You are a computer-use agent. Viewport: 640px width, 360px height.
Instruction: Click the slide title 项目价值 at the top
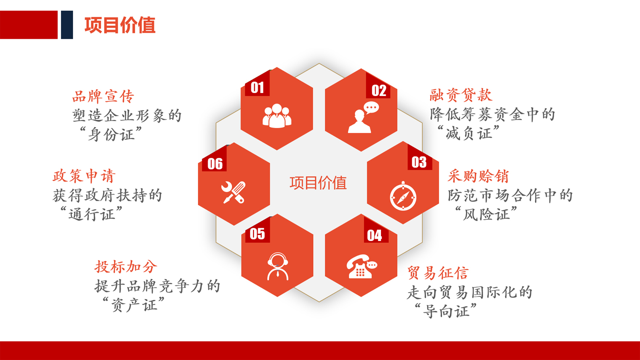tap(120, 25)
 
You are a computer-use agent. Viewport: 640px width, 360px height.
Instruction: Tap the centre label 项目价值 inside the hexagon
tap(318, 183)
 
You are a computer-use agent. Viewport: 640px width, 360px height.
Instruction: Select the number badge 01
tap(257, 87)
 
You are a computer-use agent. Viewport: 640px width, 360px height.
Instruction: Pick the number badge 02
tap(378, 90)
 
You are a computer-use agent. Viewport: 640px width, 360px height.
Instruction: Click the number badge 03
tap(419, 162)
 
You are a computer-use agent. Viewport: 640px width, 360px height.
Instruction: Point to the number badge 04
tap(375, 235)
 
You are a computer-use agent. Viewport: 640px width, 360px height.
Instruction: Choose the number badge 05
tap(257, 234)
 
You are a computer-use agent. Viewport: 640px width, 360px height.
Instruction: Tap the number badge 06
tap(215, 164)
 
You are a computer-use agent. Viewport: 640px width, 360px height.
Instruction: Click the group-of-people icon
tap(277, 116)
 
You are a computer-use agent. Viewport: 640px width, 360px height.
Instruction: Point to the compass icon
tap(403, 196)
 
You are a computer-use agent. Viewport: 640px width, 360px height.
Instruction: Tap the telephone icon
tap(361, 266)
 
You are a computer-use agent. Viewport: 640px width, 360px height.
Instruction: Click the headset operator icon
tap(277, 266)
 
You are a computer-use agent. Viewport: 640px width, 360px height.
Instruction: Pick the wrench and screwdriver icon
tap(233, 192)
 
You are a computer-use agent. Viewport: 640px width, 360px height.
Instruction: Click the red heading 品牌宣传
tap(103, 96)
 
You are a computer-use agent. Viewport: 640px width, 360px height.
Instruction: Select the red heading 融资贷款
tap(461, 95)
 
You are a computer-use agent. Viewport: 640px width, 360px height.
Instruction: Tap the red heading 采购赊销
tap(478, 176)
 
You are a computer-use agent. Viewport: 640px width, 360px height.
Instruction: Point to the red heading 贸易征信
tap(438, 273)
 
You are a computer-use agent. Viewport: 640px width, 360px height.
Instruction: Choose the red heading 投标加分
tap(126, 267)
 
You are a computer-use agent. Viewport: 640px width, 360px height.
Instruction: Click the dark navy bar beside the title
tap(67, 25)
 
